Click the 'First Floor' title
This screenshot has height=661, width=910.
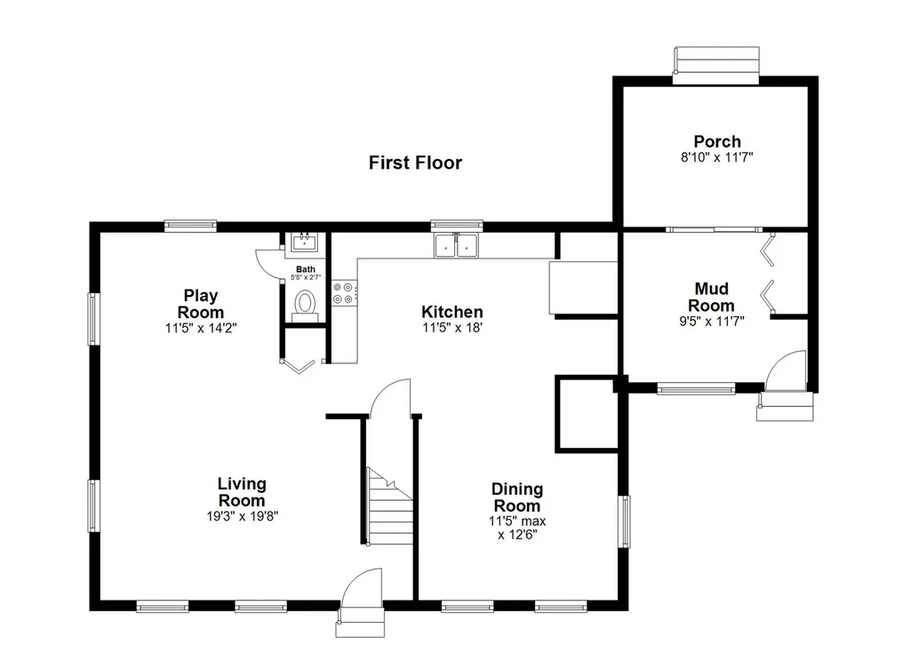click(x=415, y=163)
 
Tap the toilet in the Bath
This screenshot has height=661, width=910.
click(x=305, y=303)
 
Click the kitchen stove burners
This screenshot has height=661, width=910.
click(x=344, y=293)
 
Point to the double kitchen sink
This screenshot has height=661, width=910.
click(x=457, y=245)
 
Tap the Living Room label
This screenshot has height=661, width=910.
click(x=242, y=492)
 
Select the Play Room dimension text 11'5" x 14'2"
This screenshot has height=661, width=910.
click(x=200, y=328)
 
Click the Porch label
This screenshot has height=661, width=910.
click(x=717, y=141)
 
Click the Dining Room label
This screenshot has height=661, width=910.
click(x=516, y=498)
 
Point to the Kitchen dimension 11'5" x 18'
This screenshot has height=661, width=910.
click(x=451, y=328)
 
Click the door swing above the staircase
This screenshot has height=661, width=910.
click(x=391, y=397)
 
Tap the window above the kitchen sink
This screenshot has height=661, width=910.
click(x=457, y=226)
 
